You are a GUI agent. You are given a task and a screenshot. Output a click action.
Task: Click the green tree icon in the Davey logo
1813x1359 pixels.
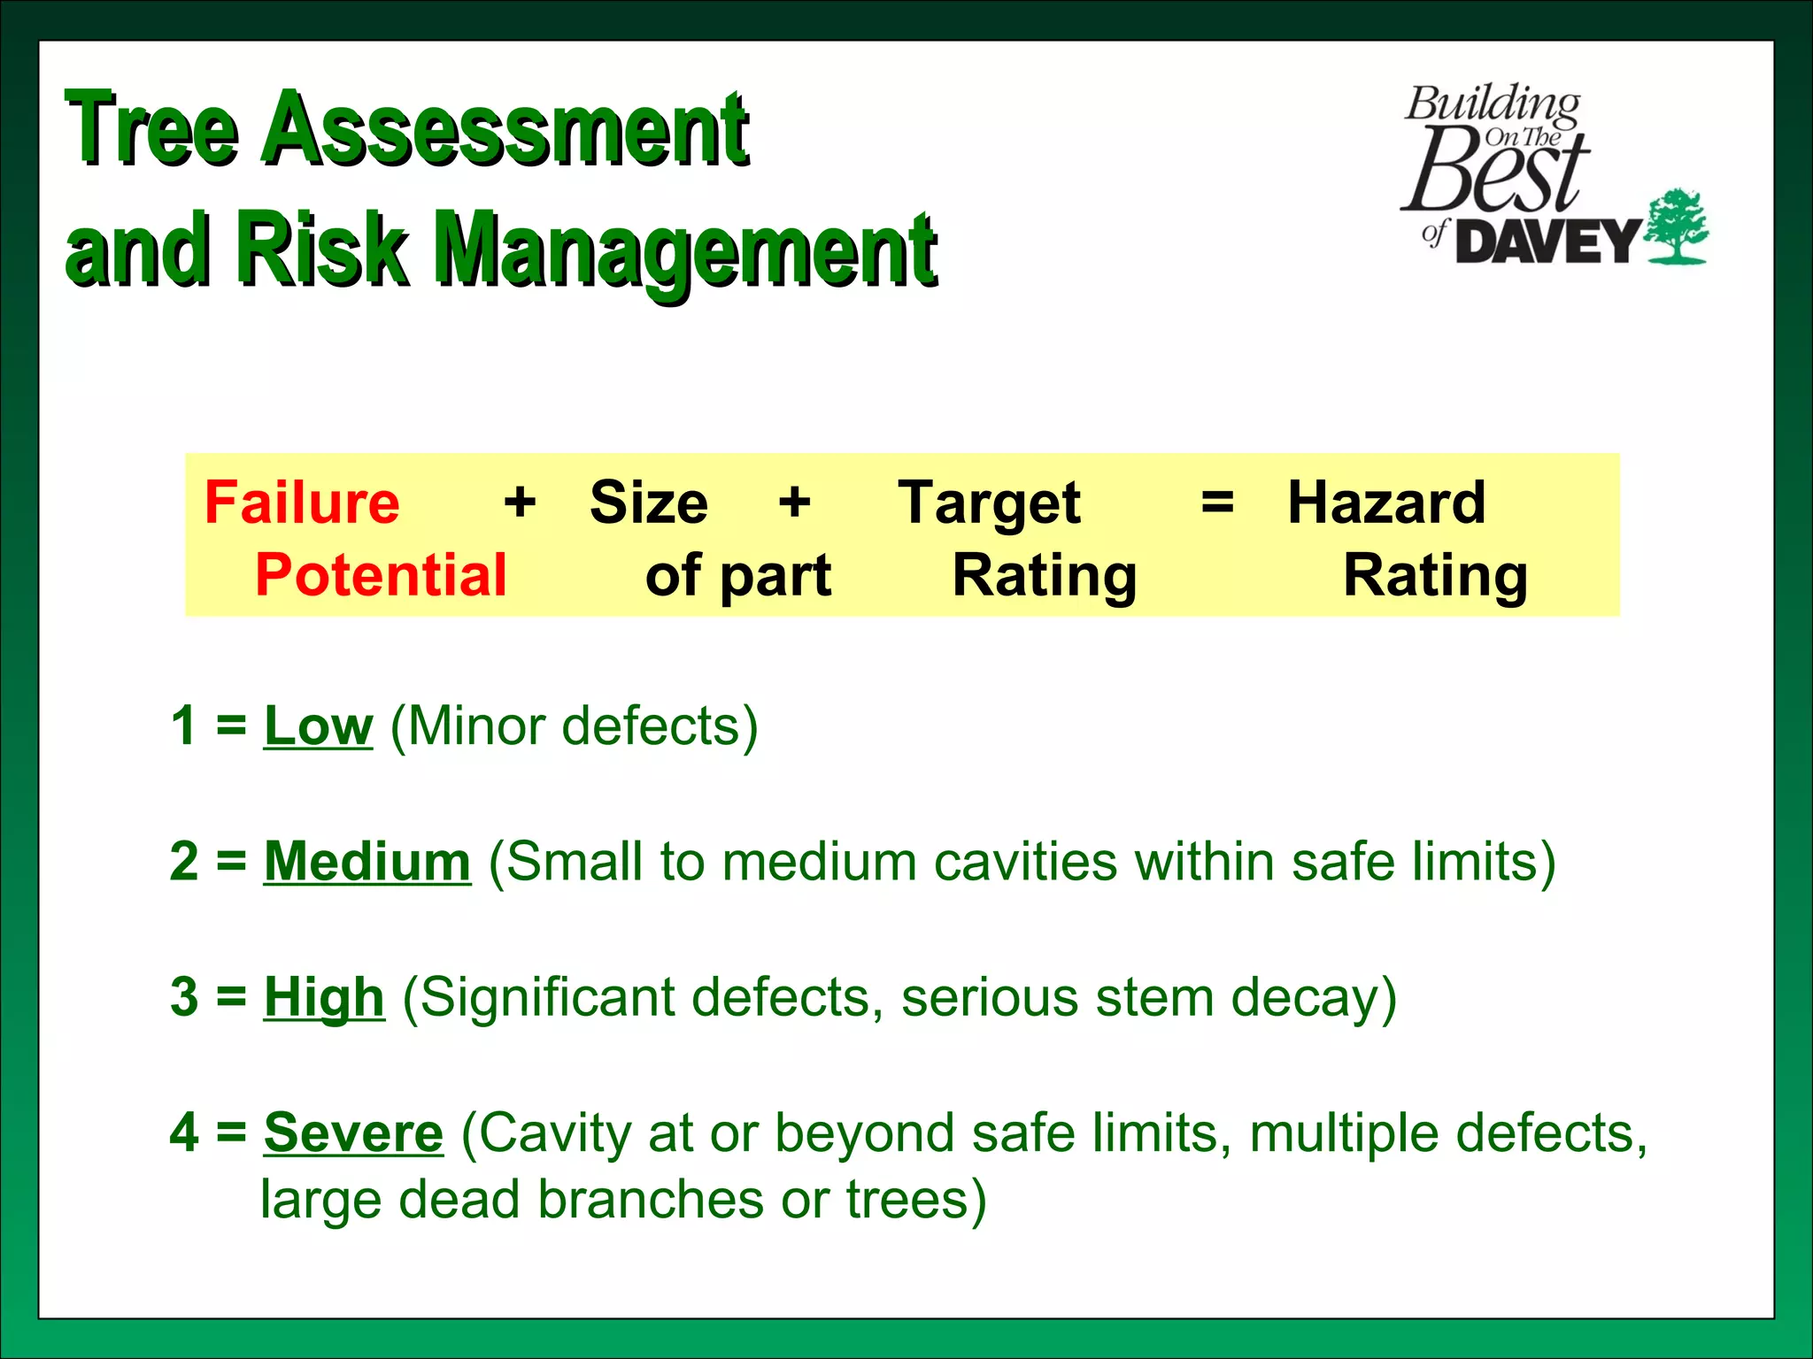tap(1676, 226)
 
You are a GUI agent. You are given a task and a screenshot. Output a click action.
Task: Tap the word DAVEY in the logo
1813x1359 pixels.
tap(1548, 242)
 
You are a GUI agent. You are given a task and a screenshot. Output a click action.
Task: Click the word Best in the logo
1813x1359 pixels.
tap(1494, 170)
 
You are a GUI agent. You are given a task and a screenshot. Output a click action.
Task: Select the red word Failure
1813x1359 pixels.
tap(302, 503)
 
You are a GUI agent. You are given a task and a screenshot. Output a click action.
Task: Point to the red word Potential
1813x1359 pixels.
tap(381, 575)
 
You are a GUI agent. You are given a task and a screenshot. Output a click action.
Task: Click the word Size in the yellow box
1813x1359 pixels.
tap(649, 503)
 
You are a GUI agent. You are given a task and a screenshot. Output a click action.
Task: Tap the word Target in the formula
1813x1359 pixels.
tap(989, 503)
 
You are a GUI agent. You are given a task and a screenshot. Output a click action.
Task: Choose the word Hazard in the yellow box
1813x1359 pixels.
tap(1386, 503)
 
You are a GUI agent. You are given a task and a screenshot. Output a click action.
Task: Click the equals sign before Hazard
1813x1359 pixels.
tap(1217, 503)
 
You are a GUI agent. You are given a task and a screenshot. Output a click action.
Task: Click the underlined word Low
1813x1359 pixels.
tap(319, 726)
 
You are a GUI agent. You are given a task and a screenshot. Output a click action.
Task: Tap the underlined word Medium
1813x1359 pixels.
tap(367, 862)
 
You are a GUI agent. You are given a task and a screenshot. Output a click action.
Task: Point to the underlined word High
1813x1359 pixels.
tap(324, 997)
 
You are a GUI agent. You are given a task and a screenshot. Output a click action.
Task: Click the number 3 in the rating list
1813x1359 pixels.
tap(184, 997)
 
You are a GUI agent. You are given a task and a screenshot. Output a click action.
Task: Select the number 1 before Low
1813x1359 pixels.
tap(184, 726)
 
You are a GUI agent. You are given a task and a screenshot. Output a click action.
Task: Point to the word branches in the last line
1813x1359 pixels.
tap(651, 1201)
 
